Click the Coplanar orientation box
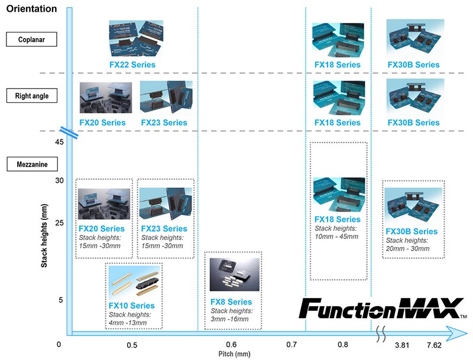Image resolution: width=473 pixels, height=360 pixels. pyautogui.click(x=32, y=39)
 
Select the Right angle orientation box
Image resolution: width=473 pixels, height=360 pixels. pyautogui.click(x=32, y=96)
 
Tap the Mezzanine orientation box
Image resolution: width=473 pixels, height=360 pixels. pyautogui.click(x=33, y=164)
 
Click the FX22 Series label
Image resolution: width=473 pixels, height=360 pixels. pyautogui.click(x=132, y=64)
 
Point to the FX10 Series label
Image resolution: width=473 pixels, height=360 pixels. pyautogui.click(x=131, y=306)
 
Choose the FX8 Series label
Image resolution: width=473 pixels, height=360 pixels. pyautogui.click(x=231, y=302)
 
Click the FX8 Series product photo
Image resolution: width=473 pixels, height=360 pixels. pyautogui.click(x=234, y=274)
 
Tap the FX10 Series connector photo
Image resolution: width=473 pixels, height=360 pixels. pyautogui.click(x=134, y=281)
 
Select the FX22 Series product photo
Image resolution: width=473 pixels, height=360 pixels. pyautogui.click(x=136, y=38)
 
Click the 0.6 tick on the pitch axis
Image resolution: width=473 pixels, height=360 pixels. pyautogui.click(x=231, y=344)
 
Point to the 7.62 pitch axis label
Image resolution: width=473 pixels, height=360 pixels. pyautogui.click(x=434, y=345)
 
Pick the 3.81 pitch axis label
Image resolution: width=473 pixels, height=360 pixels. pyautogui.click(x=402, y=345)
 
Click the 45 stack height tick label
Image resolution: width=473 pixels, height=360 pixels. pyautogui.click(x=60, y=142)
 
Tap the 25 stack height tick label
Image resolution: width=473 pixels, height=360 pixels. pyautogui.click(x=60, y=223)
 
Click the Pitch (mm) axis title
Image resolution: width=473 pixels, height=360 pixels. pyautogui.click(x=234, y=354)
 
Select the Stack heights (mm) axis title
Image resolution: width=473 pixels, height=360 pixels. pyautogui.click(x=44, y=236)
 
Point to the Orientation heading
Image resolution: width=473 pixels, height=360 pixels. pyautogui.click(x=32, y=9)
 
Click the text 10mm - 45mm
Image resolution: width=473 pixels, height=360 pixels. pyautogui.click(x=336, y=236)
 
